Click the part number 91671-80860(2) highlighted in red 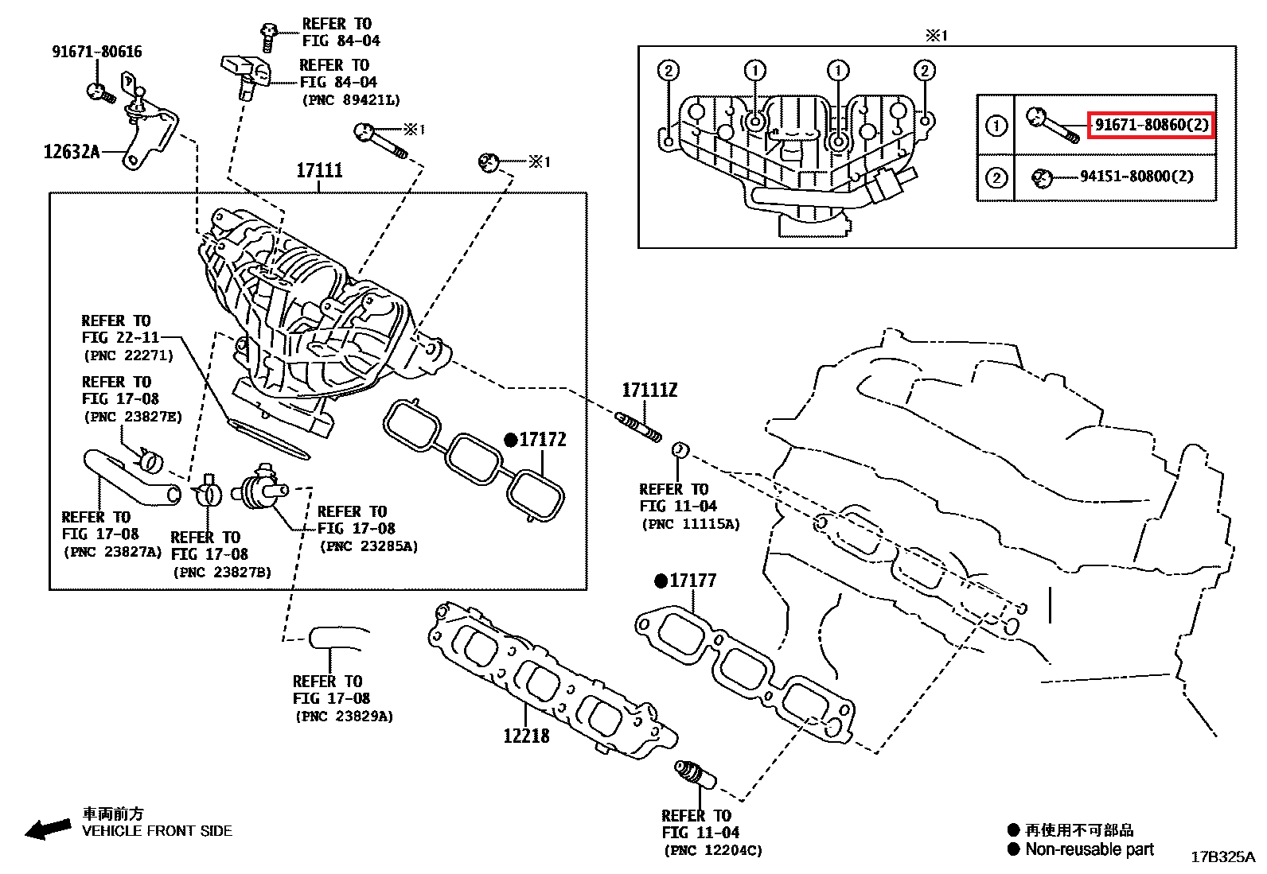click(1151, 125)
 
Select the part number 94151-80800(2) click(1136, 177)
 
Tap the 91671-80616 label click(97, 52)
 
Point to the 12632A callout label click(72, 151)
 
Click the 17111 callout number click(319, 170)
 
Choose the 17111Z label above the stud click(649, 390)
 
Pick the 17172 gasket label click(542, 440)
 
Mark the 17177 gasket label click(692, 581)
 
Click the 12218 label click(526, 736)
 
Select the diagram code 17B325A click(1222, 857)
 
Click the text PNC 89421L click(351, 100)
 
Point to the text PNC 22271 click(128, 355)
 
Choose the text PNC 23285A click(368, 546)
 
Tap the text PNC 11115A click(690, 524)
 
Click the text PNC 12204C click(712, 850)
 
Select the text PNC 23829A click(343, 716)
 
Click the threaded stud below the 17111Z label click(638, 425)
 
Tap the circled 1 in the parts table click(996, 126)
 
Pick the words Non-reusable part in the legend click(1090, 849)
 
